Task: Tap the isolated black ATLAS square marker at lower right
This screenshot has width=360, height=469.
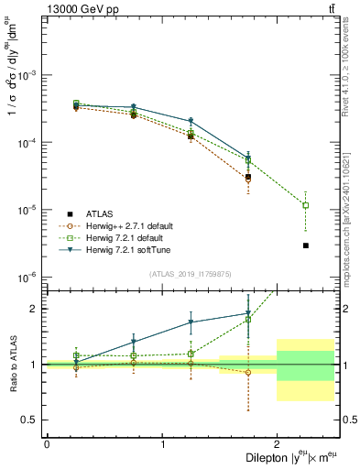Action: click(x=305, y=245)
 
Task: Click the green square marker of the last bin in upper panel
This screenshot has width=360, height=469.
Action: click(x=305, y=205)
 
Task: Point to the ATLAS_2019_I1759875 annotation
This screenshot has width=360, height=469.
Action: click(x=190, y=273)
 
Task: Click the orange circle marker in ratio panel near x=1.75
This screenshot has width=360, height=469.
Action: click(x=248, y=372)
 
